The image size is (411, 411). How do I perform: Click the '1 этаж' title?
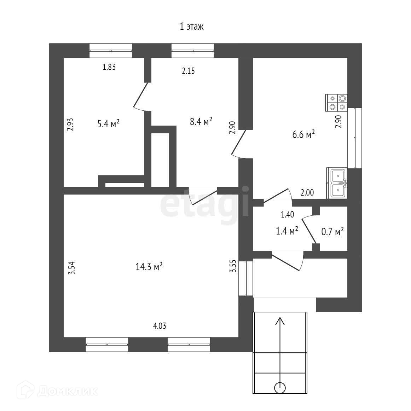192,27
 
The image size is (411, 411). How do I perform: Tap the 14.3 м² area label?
149,267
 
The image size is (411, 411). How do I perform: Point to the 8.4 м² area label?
201,122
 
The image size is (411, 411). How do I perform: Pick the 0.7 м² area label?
332,232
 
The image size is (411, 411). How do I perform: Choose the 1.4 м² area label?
287,231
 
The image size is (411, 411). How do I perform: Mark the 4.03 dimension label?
160,326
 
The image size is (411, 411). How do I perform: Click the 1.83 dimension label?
109,67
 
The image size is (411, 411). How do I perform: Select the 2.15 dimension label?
189,71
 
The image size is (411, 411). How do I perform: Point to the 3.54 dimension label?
72,268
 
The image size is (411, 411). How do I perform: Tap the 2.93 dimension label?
70,124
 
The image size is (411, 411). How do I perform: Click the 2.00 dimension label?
307,193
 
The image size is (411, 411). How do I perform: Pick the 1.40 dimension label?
287,214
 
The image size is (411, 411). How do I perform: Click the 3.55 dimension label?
232,266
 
